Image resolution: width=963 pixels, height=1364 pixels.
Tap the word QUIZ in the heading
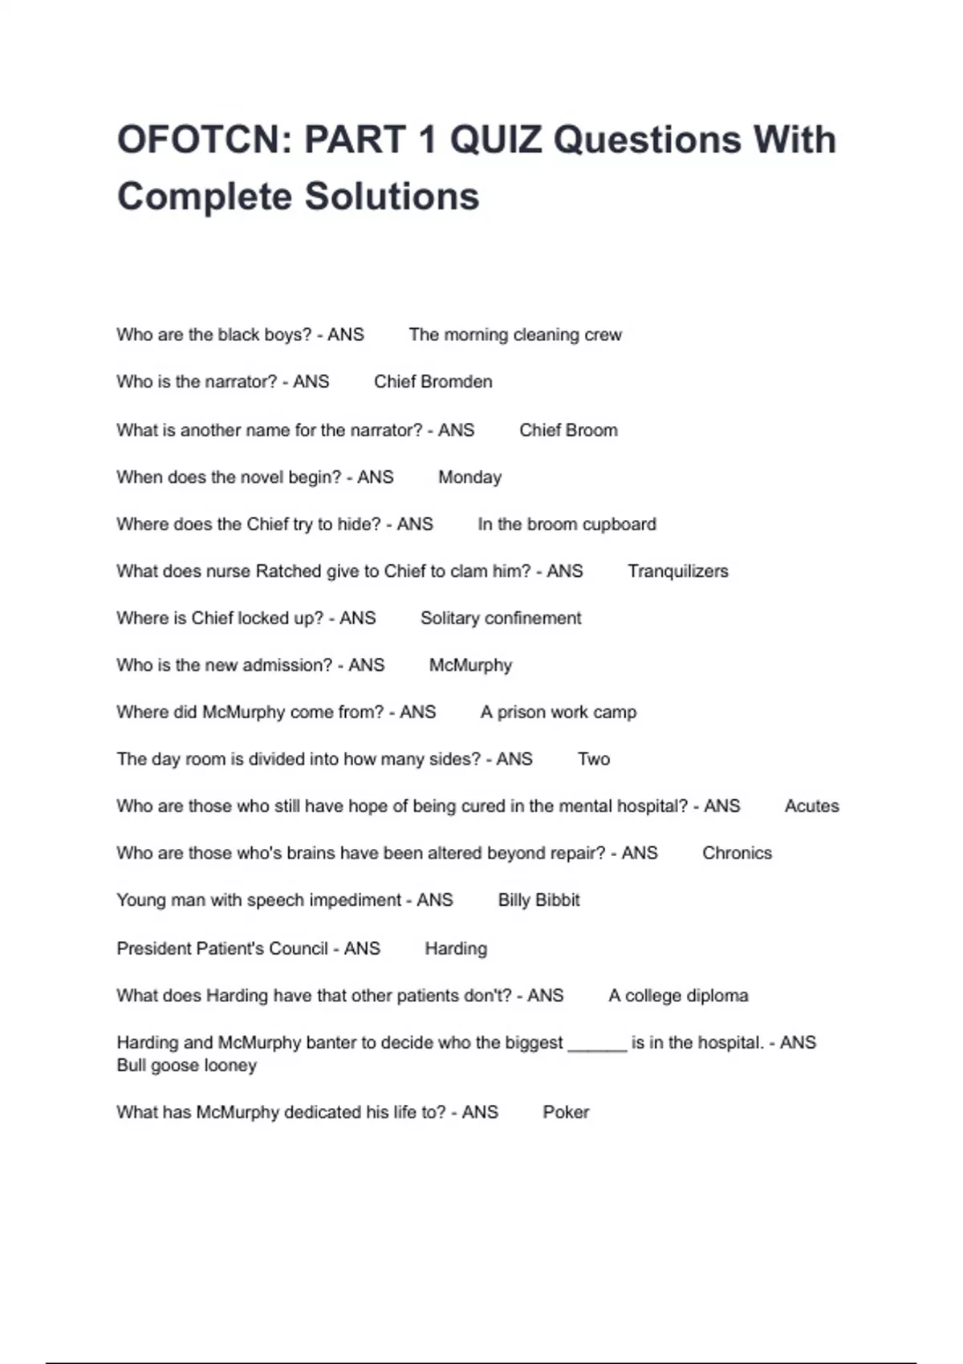click(x=495, y=140)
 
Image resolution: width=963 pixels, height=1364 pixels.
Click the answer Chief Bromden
click(x=433, y=382)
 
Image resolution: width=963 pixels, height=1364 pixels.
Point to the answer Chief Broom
click(x=568, y=430)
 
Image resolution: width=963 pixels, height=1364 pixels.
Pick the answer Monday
click(x=469, y=477)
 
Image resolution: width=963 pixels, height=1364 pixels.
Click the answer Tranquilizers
click(x=678, y=571)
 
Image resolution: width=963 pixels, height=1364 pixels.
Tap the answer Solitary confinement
click(x=501, y=619)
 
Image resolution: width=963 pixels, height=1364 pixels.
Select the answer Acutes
click(x=811, y=806)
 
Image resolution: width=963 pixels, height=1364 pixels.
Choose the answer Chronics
click(x=737, y=853)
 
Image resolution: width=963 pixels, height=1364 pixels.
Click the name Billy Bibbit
click(x=538, y=900)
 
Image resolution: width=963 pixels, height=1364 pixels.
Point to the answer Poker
click(x=566, y=1112)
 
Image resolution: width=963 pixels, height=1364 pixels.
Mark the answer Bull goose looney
click(x=186, y=1066)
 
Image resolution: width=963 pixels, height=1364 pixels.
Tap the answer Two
click(x=594, y=759)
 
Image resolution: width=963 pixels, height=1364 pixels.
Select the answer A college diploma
click(x=678, y=996)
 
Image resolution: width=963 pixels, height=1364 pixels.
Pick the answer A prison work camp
click(x=559, y=712)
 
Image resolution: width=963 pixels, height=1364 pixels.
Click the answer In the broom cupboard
click(x=567, y=525)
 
